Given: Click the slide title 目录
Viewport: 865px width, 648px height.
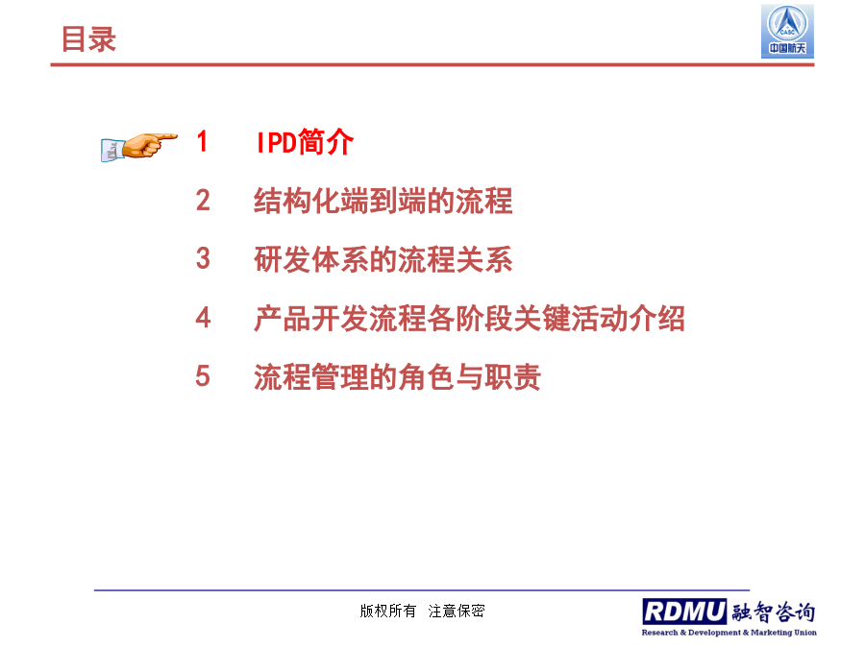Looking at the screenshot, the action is click(x=88, y=39).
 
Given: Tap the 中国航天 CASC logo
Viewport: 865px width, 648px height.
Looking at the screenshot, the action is click(x=787, y=31).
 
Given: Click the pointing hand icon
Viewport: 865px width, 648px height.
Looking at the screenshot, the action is click(x=139, y=147).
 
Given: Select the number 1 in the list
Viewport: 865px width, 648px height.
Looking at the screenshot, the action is click(x=203, y=141).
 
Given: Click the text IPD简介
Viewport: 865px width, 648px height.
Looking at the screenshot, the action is click(x=305, y=142).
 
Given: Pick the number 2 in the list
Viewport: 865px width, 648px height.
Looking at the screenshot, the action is click(x=203, y=200).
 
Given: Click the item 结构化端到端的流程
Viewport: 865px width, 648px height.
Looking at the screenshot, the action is click(x=383, y=201).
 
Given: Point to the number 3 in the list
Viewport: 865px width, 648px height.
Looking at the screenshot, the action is click(x=203, y=258).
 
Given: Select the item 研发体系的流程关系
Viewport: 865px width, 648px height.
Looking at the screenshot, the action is click(x=383, y=259).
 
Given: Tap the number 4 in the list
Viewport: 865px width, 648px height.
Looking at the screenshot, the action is click(x=203, y=318).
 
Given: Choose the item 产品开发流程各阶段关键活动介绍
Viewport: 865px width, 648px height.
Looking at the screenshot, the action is click(x=469, y=319).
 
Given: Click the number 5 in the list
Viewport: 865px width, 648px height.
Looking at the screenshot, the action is click(x=203, y=376).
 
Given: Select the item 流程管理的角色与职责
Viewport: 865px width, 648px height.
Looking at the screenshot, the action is click(x=397, y=377).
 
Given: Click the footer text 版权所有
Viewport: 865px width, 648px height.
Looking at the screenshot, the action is click(x=388, y=611).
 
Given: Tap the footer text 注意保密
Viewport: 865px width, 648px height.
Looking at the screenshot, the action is click(x=457, y=611).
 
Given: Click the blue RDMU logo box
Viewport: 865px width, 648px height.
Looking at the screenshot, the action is click(x=684, y=612).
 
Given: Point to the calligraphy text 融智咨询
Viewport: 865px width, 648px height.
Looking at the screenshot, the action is click(x=774, y=612).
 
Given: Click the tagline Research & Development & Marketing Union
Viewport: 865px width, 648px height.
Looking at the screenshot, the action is click(x=729, y=632).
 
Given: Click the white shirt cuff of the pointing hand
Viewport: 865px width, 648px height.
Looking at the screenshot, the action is click(x=112, y=151).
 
